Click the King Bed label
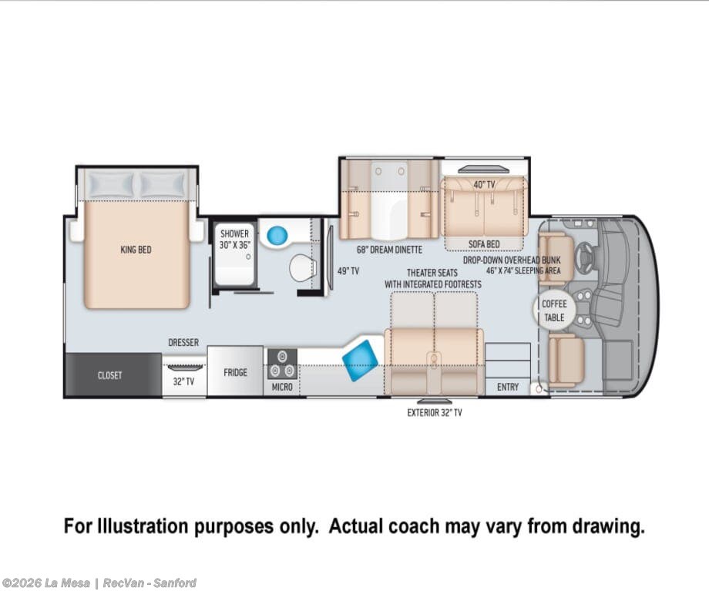(x=136, y=250)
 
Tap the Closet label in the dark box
(x=110, y=375)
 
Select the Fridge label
(x=236, y=373)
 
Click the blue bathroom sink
(x=277, y=235)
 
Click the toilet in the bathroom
(x=301, y=267)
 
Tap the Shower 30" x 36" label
(x=235, y=239)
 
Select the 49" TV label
(x=348, y=271)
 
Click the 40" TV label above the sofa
(x=484, y=184)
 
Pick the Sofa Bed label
(x=484, y=244)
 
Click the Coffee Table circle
(x=554, y=310)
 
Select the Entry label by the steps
(x=508, y=387)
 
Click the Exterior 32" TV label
(x=435, y=412)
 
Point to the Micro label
(x=282, y=387)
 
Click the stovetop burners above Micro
(x=282, y=364)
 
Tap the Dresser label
(x=183, y=342)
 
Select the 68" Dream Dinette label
(x=389, y=250)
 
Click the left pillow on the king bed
(x=111, y=184)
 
